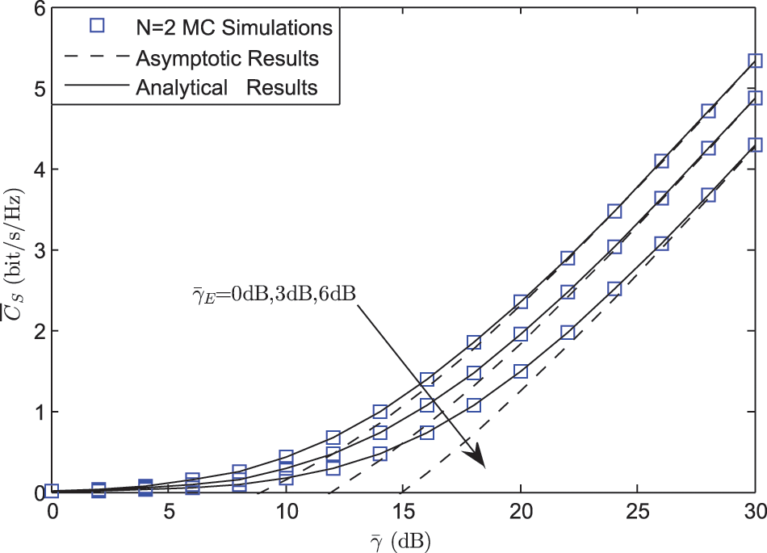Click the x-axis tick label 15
(404, 513)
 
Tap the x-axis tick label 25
(638, 513)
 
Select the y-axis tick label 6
(36, 9)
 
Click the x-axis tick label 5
(170, 513)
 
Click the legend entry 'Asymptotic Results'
(227, 58)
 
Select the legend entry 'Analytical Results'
(227, 87)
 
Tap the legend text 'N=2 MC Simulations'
(234, 27)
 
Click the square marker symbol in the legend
(98, 27)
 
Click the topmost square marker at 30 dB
(755, 61)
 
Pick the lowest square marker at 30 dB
(755, 145)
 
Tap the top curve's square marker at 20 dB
(521, 302)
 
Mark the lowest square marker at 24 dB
(614, 289)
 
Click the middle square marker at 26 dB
(661, 198)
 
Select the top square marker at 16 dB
(427, 379)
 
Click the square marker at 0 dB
(52, 490)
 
